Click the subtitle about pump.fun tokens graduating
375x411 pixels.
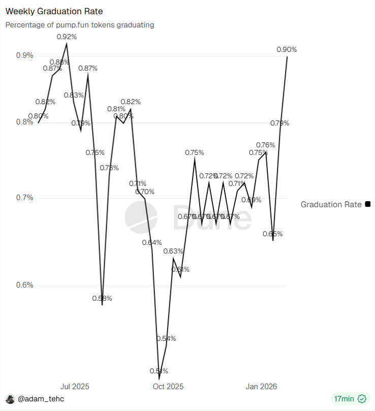80,24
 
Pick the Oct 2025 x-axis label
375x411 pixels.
168,387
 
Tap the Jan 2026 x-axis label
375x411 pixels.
262,387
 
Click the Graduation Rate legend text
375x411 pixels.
331,204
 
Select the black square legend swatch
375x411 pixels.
368,204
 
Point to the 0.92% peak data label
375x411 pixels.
67,37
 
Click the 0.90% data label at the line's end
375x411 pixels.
287,49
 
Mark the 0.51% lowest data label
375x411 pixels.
159,371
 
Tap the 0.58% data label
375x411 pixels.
102,298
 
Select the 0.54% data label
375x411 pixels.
166,338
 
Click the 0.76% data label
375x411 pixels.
265,145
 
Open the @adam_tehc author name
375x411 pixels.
41,399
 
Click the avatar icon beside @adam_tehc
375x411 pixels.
10,399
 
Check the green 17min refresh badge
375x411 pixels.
349,399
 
